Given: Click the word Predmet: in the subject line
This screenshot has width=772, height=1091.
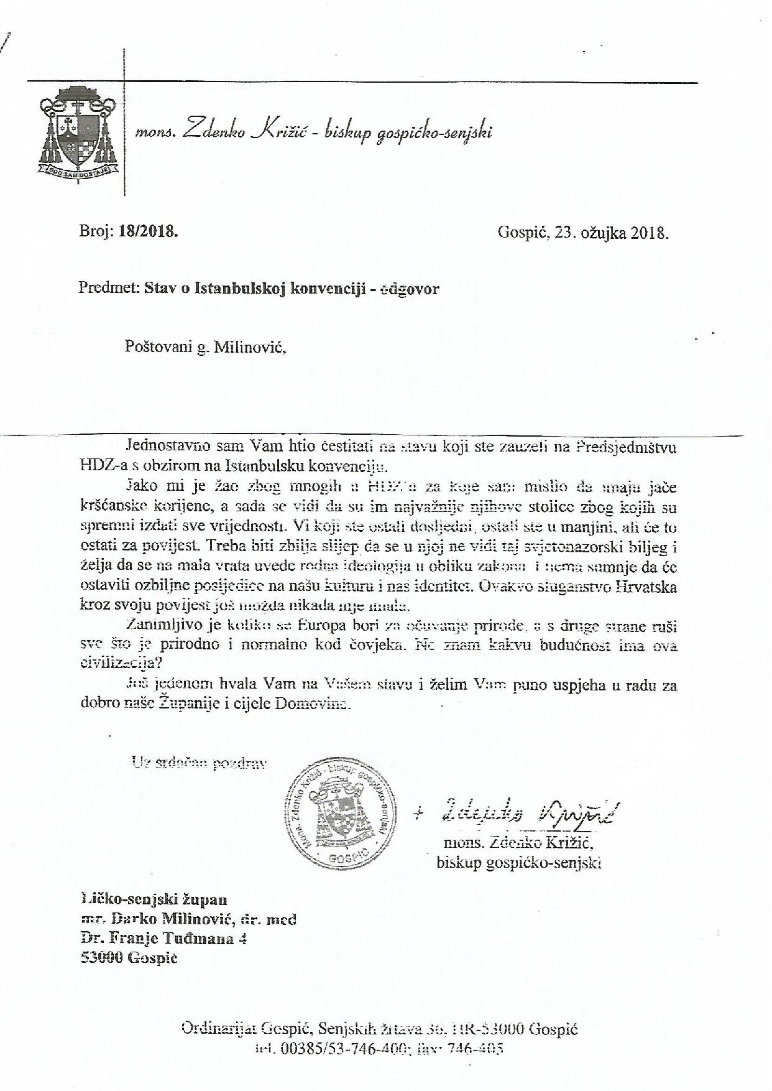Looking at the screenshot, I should tap(109, 288).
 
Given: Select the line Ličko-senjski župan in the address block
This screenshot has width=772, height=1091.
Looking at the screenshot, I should tap(154, 899).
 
